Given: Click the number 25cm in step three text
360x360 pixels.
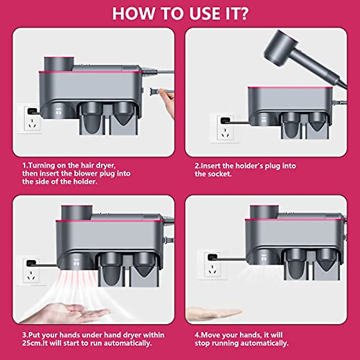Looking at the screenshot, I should pyautogui.click(x=31, y=343).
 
